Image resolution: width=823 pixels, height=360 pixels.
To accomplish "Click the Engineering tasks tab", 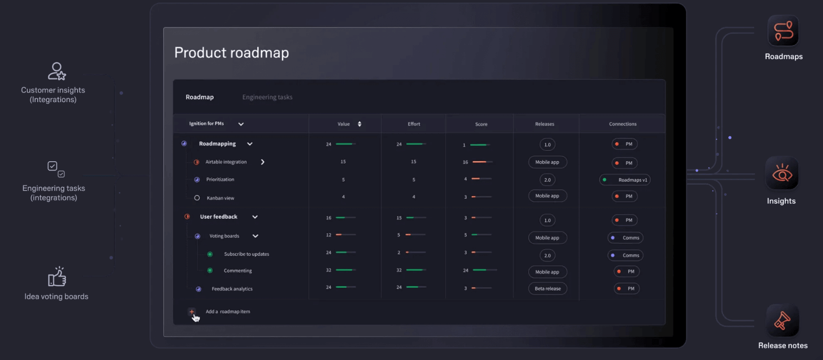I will [267, 97].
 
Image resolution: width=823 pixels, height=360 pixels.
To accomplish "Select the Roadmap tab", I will [199, 97].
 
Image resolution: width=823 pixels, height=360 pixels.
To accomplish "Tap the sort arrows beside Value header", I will [359, 124].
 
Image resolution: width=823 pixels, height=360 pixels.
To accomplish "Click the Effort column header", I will [414, 124].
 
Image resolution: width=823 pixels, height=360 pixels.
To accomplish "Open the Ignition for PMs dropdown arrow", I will [241, 124].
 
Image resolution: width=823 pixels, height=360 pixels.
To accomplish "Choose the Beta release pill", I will [548, 289].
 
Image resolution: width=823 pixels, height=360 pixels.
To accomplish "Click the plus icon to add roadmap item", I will [191, 312].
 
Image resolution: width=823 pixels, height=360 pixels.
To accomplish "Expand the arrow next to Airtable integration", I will [263, 162].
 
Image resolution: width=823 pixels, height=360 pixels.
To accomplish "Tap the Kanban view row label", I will [220, 198].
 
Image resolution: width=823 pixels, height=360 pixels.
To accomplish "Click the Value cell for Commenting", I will [329, 270].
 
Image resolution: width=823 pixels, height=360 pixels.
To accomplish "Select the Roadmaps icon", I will [783, 31].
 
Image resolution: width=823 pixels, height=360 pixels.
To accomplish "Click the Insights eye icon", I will [782, 173].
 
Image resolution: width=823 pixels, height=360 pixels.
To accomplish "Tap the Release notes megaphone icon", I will [782, 320].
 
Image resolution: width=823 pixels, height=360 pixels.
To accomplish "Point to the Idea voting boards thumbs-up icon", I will [57, 276].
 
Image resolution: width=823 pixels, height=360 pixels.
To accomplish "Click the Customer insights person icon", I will [57, 71].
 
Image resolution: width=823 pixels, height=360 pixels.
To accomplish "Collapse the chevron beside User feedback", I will [255, 217].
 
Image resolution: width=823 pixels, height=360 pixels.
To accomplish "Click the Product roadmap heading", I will [232, 53].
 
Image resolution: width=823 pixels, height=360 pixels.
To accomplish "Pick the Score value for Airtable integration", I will [465, 162].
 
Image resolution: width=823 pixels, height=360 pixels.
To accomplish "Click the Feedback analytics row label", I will [232, 289].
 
